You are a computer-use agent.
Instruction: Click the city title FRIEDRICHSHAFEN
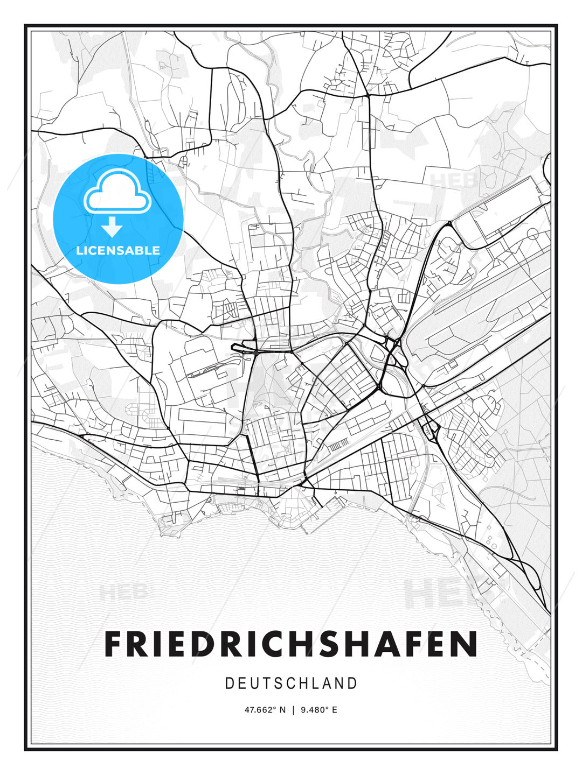(x=291, y=644)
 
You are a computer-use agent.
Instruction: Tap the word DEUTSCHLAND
(x=291, y=684)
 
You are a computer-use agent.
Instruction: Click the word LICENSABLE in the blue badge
(x=118, y=250)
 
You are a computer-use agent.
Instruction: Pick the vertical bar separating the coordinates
(x=293, y=710)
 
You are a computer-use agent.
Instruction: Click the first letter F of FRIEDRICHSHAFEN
(x=114, y=644)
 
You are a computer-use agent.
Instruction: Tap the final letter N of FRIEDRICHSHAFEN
(x=467, y=644)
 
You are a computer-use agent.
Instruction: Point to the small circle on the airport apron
(x=532, y=234)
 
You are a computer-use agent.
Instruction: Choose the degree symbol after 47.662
(x=275, y=708)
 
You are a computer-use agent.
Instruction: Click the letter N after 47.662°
(x=283, y=710)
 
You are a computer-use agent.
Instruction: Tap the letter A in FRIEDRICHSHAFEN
(x=388, y=644)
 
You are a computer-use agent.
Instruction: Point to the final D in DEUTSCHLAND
(x=353, y=684)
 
